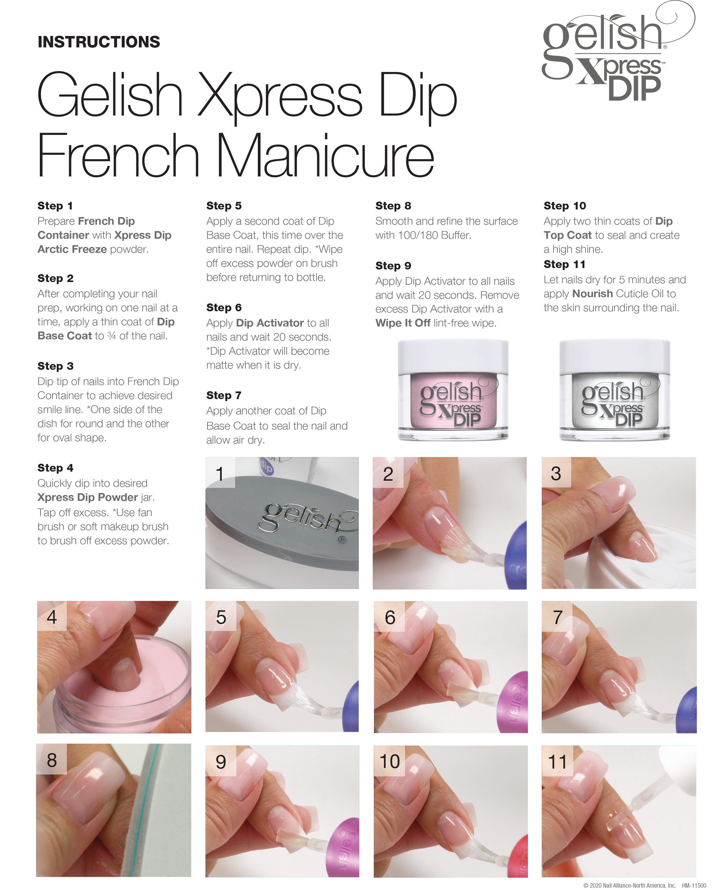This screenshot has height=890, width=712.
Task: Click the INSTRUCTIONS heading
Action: point(99,42)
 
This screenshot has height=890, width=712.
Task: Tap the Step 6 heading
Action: point(224,307)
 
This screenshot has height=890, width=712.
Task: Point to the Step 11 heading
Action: point(564,264)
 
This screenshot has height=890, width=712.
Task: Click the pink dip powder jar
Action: point(453,390)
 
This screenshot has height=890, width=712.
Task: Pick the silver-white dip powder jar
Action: point(615,390)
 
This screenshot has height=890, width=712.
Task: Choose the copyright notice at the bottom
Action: point(644,885)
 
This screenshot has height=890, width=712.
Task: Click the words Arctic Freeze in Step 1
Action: point(72,249)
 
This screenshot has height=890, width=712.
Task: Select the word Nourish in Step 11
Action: point(592,293)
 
